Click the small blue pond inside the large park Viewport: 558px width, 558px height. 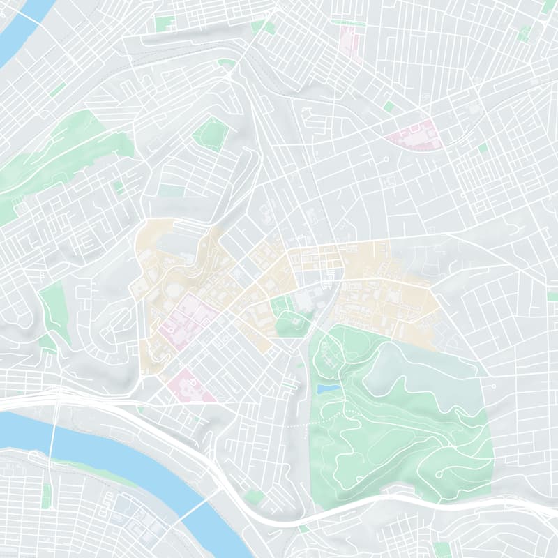point(328,387)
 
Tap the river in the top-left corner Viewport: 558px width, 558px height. point(21,31)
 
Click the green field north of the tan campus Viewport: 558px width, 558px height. point(211,133)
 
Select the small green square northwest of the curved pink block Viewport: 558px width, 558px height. point(389,106)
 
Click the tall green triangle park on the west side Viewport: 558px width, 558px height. point(54,307)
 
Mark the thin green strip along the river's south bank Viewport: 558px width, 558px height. point(91,472)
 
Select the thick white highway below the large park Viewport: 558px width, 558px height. point(391,501)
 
